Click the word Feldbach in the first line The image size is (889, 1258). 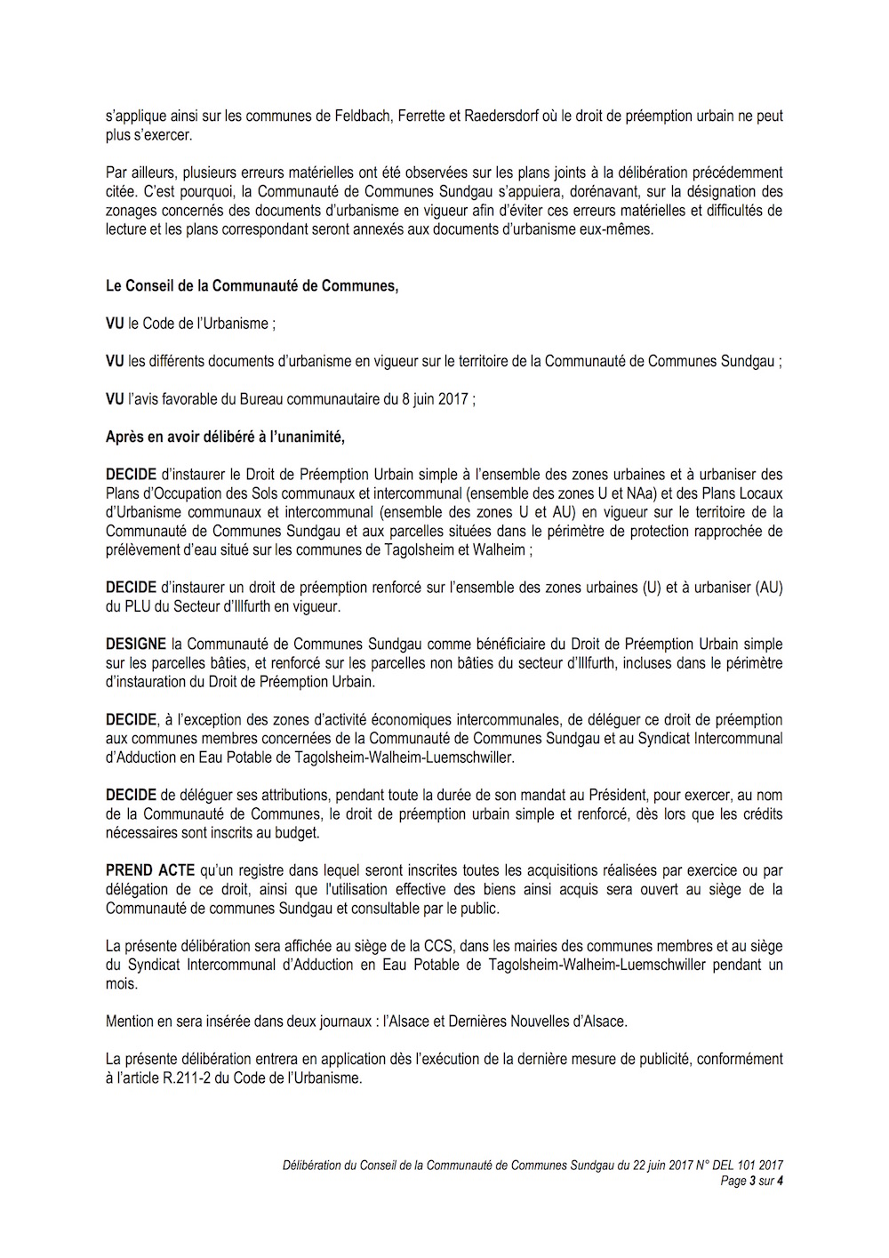click(362, 116)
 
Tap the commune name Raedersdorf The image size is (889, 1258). click(501, 116)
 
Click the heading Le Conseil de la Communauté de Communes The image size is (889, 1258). click(252, 285)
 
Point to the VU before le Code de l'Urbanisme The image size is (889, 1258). click(115, 324)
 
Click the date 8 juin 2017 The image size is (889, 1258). click(435, 399)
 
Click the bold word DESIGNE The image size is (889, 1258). click(136, 644)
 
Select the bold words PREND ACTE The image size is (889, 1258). click(150, 870)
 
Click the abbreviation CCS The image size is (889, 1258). click(437, 946)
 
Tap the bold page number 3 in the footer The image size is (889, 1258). click(752, 1181)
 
